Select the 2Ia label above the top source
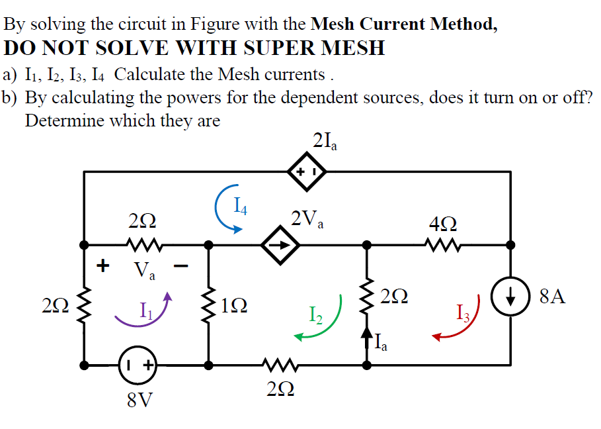325,141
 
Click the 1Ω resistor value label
235,305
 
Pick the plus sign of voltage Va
102,265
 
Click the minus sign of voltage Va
181,267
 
